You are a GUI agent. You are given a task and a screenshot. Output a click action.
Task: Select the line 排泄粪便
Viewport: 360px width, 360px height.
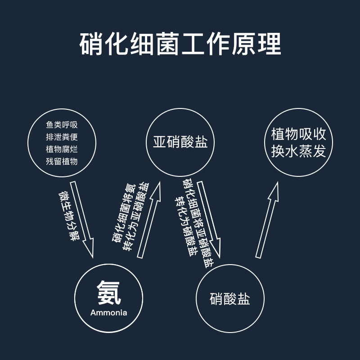pos(62,137)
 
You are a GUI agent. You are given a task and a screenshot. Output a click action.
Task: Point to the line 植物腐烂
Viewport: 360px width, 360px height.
pos(62,149)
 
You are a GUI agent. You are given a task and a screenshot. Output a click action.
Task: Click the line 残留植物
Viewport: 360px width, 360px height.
pos(62,161)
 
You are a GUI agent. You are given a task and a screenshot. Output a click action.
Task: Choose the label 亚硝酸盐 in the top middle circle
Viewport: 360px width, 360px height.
pos(180,143)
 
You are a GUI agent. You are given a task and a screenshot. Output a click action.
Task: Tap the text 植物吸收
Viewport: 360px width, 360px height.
pos(298,134)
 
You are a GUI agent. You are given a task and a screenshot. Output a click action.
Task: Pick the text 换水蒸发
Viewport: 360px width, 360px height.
pos(298,151)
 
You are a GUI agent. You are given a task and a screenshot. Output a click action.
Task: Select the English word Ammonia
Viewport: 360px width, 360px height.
pos(109,313)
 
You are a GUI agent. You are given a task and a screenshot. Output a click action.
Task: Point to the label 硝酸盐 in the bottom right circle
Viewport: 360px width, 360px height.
pos(230,299)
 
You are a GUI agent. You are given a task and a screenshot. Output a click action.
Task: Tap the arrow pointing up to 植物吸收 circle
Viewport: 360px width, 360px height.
pos(267,220)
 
